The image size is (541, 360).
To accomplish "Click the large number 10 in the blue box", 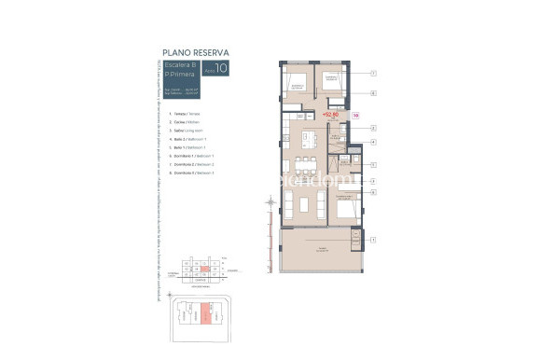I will coord(220,67).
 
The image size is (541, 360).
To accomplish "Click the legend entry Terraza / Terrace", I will coord(182,112).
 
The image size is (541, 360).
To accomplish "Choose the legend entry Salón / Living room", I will coord(184,132).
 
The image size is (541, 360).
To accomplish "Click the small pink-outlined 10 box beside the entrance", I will coord(355,116).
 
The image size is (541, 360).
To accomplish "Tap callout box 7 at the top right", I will coord(372,73).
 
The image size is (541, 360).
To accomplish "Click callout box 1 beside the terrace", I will coord(372,240).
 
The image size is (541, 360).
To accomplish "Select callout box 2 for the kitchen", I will coord(372,128).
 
